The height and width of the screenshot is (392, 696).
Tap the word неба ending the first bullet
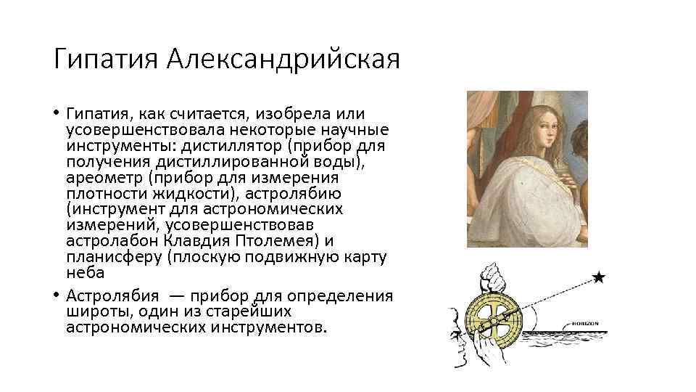[x=86, y=273]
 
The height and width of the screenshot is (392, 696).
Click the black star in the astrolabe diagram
[x=598, y=277]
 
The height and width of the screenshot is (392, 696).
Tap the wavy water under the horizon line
[x=573, y=341]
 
